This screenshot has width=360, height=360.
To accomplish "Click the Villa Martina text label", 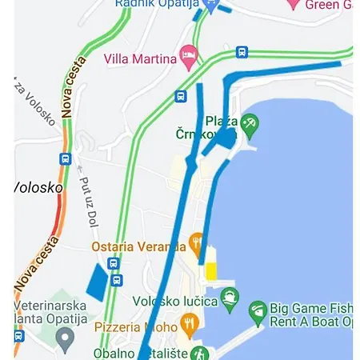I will (140, 58).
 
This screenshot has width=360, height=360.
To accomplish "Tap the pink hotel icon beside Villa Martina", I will (190, 56).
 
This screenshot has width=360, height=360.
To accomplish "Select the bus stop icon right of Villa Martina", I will (242, 53).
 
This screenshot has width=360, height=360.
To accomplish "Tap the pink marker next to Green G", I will (293, 4).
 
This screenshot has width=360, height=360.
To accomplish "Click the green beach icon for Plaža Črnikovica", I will (250, 123).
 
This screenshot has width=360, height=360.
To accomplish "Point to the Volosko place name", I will (38, 187).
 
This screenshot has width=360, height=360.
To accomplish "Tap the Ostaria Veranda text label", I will (138, 246).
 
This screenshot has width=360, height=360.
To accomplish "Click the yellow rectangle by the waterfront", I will (211, 271).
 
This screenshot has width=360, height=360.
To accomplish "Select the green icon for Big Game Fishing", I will (257, 313).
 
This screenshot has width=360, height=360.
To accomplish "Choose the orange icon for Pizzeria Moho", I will (190, 324).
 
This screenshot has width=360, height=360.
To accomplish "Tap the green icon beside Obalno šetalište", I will (199, 353).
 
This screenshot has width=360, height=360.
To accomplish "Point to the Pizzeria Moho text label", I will (136, 326).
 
